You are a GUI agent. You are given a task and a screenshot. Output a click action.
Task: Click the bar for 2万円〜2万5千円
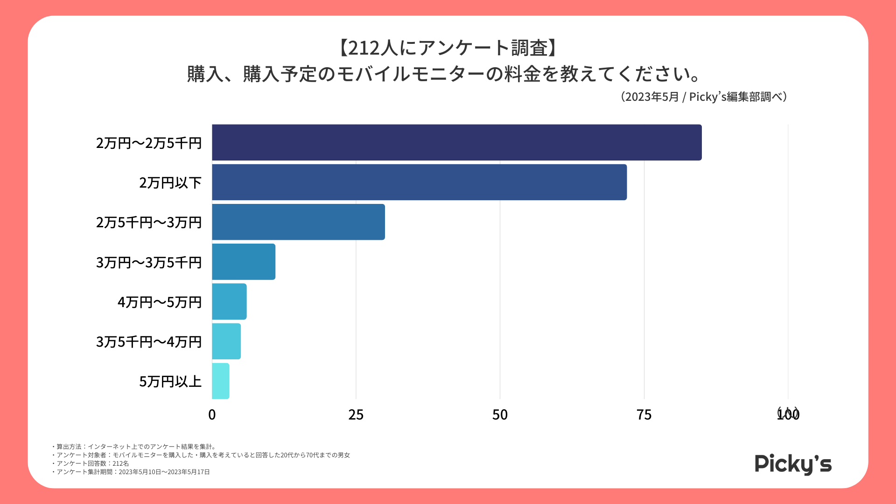456,142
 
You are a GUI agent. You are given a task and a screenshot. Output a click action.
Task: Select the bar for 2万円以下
419,182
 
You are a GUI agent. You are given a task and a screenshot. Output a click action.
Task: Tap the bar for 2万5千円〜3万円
298,222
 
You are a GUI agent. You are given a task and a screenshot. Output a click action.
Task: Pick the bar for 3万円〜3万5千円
244,262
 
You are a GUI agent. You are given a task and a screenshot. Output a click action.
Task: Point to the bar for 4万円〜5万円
229,301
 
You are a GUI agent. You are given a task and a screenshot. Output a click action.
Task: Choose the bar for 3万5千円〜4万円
226,341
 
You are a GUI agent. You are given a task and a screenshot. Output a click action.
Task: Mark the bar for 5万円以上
221,381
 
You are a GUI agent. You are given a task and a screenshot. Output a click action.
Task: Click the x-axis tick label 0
212,415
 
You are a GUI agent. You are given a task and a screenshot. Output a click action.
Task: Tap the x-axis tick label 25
356,415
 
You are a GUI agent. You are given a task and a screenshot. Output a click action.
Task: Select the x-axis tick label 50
500,415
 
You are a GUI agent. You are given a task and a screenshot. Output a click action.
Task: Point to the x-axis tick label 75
644,415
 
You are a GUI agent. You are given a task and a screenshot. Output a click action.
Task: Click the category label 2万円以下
170,182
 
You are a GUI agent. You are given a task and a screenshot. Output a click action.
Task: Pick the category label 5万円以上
170,382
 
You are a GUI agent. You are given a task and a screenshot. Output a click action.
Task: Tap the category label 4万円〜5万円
160,302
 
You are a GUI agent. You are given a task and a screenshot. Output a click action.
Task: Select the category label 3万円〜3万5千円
149,262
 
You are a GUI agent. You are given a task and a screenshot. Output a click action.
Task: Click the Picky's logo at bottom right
793,464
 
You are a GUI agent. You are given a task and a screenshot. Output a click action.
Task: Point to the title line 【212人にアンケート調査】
448,48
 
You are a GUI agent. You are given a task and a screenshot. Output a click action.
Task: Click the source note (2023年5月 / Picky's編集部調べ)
704,97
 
